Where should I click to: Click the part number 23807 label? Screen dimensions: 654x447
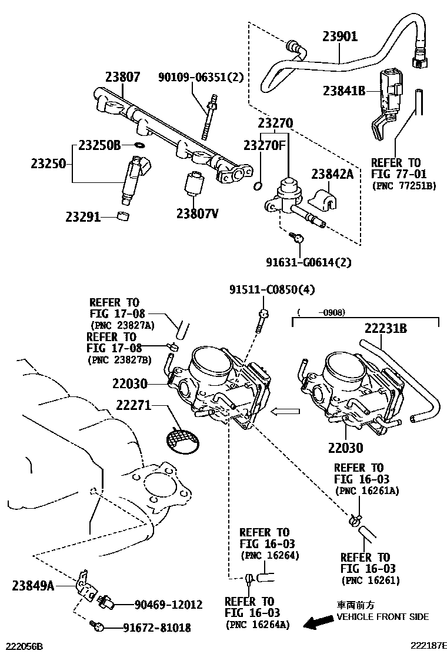(123, 76)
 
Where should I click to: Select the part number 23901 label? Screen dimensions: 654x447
(339, 36)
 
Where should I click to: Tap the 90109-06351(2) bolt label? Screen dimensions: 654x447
(200, 77)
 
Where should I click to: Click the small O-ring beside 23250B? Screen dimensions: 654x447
(140, 145)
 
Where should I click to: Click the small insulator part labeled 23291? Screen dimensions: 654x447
(123, 216)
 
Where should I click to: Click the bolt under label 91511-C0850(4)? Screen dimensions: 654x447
(263, 321)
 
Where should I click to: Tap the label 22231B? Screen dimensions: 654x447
(385, 328)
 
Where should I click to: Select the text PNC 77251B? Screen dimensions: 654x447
(404, 185)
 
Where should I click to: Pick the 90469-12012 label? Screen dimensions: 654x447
(168, 604)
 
